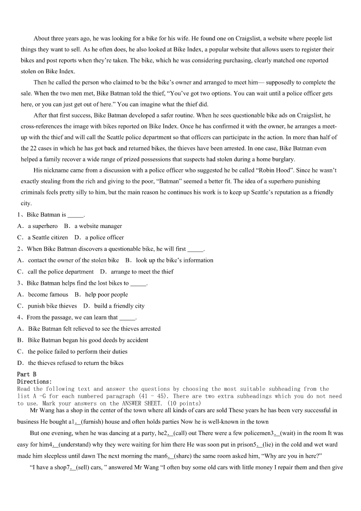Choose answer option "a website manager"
(98, 226)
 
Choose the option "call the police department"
(60, 272)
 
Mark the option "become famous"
(48, 294)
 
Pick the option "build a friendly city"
(119, 306)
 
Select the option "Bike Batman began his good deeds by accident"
(88, 340)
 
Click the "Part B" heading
(26, 374)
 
